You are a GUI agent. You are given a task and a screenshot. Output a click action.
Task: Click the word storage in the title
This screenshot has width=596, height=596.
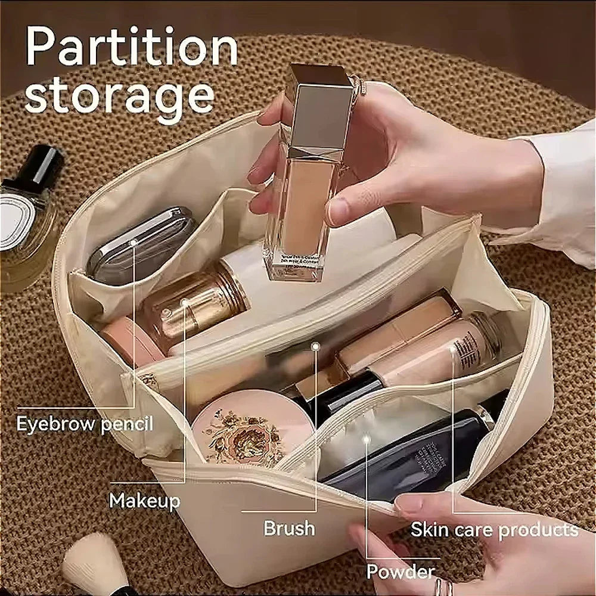point(119,97)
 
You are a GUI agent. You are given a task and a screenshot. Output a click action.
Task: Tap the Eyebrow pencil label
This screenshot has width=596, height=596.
point(85,424)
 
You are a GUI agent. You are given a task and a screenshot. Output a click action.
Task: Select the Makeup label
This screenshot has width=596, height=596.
point(144,501)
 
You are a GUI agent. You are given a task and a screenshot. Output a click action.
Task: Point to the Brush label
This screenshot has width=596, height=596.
point(289,528)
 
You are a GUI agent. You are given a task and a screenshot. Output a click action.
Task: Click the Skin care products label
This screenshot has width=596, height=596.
point(494,530)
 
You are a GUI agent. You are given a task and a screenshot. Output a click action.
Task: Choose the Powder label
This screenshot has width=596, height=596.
point(400,572)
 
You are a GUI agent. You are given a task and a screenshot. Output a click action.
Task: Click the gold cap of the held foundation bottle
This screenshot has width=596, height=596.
point(319,107)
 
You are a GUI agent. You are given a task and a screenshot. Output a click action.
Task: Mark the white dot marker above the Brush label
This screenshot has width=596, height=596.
point(315,346)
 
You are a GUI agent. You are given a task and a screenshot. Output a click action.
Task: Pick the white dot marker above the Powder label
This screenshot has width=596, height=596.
point(367,439)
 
